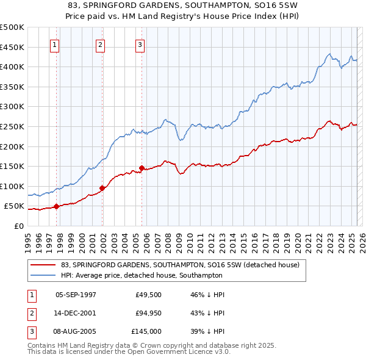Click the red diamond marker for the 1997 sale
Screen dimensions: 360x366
point(56,206)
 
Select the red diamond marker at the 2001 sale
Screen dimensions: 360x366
point(102,188)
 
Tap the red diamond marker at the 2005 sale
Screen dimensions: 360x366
point(142,168)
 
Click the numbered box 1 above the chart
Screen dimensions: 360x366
point(55,44)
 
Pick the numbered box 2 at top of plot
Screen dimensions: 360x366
point(100,44)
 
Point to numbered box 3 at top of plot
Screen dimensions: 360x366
point(140,44)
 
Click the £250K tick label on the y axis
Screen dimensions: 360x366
point(12,126)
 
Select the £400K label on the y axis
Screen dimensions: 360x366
point(12,67)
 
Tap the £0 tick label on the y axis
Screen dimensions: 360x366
point(18,226)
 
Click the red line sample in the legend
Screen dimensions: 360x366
point(43,265)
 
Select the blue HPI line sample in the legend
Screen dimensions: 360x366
point(43,275)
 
